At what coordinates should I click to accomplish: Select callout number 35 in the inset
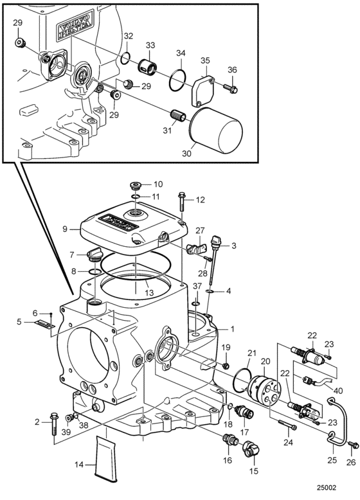205,61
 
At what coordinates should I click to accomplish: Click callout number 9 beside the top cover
65,228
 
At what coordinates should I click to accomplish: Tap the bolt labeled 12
183,199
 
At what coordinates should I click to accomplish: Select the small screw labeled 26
351,444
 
